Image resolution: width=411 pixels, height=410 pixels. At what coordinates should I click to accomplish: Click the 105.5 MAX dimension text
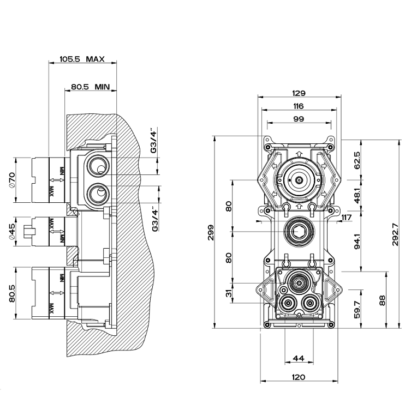click(x=82, y=59)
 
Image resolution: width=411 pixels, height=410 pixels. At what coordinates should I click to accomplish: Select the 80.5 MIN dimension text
click(x=91, y=87)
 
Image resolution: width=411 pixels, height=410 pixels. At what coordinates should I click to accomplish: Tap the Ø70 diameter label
click(x=20, y=180)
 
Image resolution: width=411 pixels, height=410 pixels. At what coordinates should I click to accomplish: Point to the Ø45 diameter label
click(x=20, y=232)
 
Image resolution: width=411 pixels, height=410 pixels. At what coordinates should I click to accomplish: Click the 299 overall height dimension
click(x=211, y=232)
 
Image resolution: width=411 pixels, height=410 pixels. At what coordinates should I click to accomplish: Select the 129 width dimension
click(x=298, y=93)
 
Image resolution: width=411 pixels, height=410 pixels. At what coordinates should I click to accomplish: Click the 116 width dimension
click(x=298, y=106)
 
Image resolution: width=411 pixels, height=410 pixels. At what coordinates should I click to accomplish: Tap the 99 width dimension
click(x=298, y=119)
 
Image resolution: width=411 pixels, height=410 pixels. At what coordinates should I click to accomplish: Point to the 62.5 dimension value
click(x=356, y=161)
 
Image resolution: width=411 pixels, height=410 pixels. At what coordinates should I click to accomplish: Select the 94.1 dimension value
click(x=356, y=241)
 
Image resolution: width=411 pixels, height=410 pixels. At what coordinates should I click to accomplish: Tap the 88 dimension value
click(x=382, y=300)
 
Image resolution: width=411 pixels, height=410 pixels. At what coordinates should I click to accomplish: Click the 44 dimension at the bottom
click(x=298, y=358)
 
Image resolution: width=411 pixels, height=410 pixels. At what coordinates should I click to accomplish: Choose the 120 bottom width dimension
click(x=298, y=377)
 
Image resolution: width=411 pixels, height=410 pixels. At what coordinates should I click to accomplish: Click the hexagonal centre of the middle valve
click(x=298, y=232)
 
